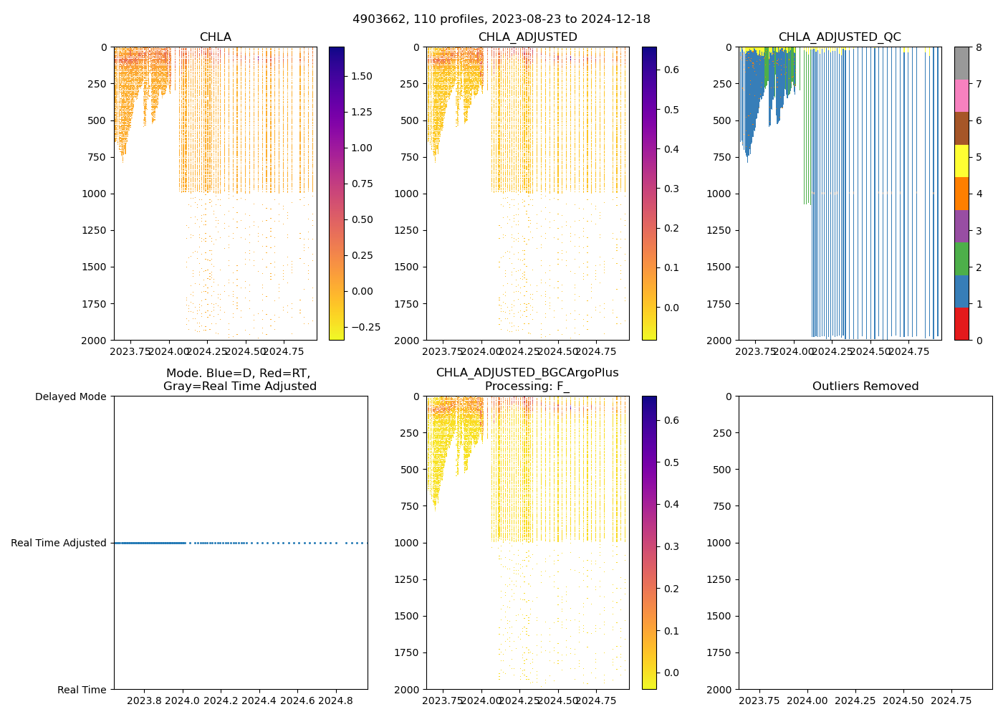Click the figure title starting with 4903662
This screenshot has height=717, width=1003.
[501, 19]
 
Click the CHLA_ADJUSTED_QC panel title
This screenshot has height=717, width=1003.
[840, 37]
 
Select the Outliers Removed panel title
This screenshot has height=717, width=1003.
[865, 386]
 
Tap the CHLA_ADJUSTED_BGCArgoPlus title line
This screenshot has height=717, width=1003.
[527, 373]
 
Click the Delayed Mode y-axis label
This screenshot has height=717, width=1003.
[70, 397]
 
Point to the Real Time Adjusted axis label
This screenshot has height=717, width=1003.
[59, 543]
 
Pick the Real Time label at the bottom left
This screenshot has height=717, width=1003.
[82, 690]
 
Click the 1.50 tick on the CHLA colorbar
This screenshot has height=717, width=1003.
[362, 76]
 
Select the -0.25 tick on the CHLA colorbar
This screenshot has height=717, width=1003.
[365, 327]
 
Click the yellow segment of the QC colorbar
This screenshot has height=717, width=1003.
[961, 161]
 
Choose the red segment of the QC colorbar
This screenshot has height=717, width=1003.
[961, 323]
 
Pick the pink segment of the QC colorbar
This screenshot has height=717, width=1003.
[961, 95]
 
